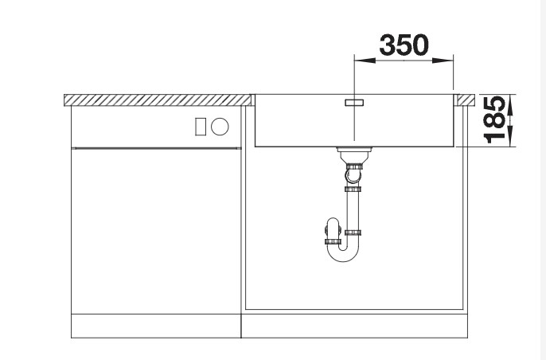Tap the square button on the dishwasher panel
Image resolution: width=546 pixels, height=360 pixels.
[x=202, y=125]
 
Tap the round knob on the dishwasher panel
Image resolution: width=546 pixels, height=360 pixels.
[x=220, y=125]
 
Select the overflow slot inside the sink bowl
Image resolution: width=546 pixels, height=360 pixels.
[x=353, y=103]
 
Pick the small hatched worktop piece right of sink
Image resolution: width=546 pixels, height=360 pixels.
[x=463, y=100]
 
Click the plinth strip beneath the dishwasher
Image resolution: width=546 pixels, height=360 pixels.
[x=156, y=326]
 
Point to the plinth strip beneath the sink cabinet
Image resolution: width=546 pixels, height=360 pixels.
[x=355, y=326]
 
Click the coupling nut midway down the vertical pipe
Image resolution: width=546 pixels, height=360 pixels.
[x=353, y=189]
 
